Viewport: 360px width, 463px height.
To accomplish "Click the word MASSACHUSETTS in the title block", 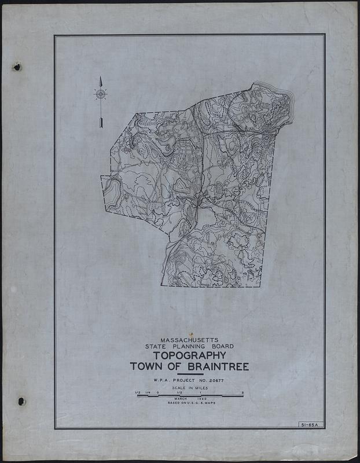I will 189,340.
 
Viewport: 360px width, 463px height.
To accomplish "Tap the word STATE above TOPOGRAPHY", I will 159,347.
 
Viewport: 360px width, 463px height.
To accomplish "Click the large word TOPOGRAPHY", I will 189,355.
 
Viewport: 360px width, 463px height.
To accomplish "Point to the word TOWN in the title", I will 146,367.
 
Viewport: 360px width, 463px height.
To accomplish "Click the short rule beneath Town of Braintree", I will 189,374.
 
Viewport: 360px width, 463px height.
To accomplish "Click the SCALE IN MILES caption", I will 189,388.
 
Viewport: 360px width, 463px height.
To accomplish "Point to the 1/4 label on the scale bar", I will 148,393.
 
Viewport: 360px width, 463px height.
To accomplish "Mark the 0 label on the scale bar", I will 158,393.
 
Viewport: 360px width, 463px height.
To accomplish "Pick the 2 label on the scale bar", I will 243,393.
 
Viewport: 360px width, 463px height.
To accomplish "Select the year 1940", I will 202,398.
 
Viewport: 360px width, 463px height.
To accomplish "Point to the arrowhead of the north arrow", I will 101,80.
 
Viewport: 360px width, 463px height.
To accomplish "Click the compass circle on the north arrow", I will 101,93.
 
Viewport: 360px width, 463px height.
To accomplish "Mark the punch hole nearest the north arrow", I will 17,67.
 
